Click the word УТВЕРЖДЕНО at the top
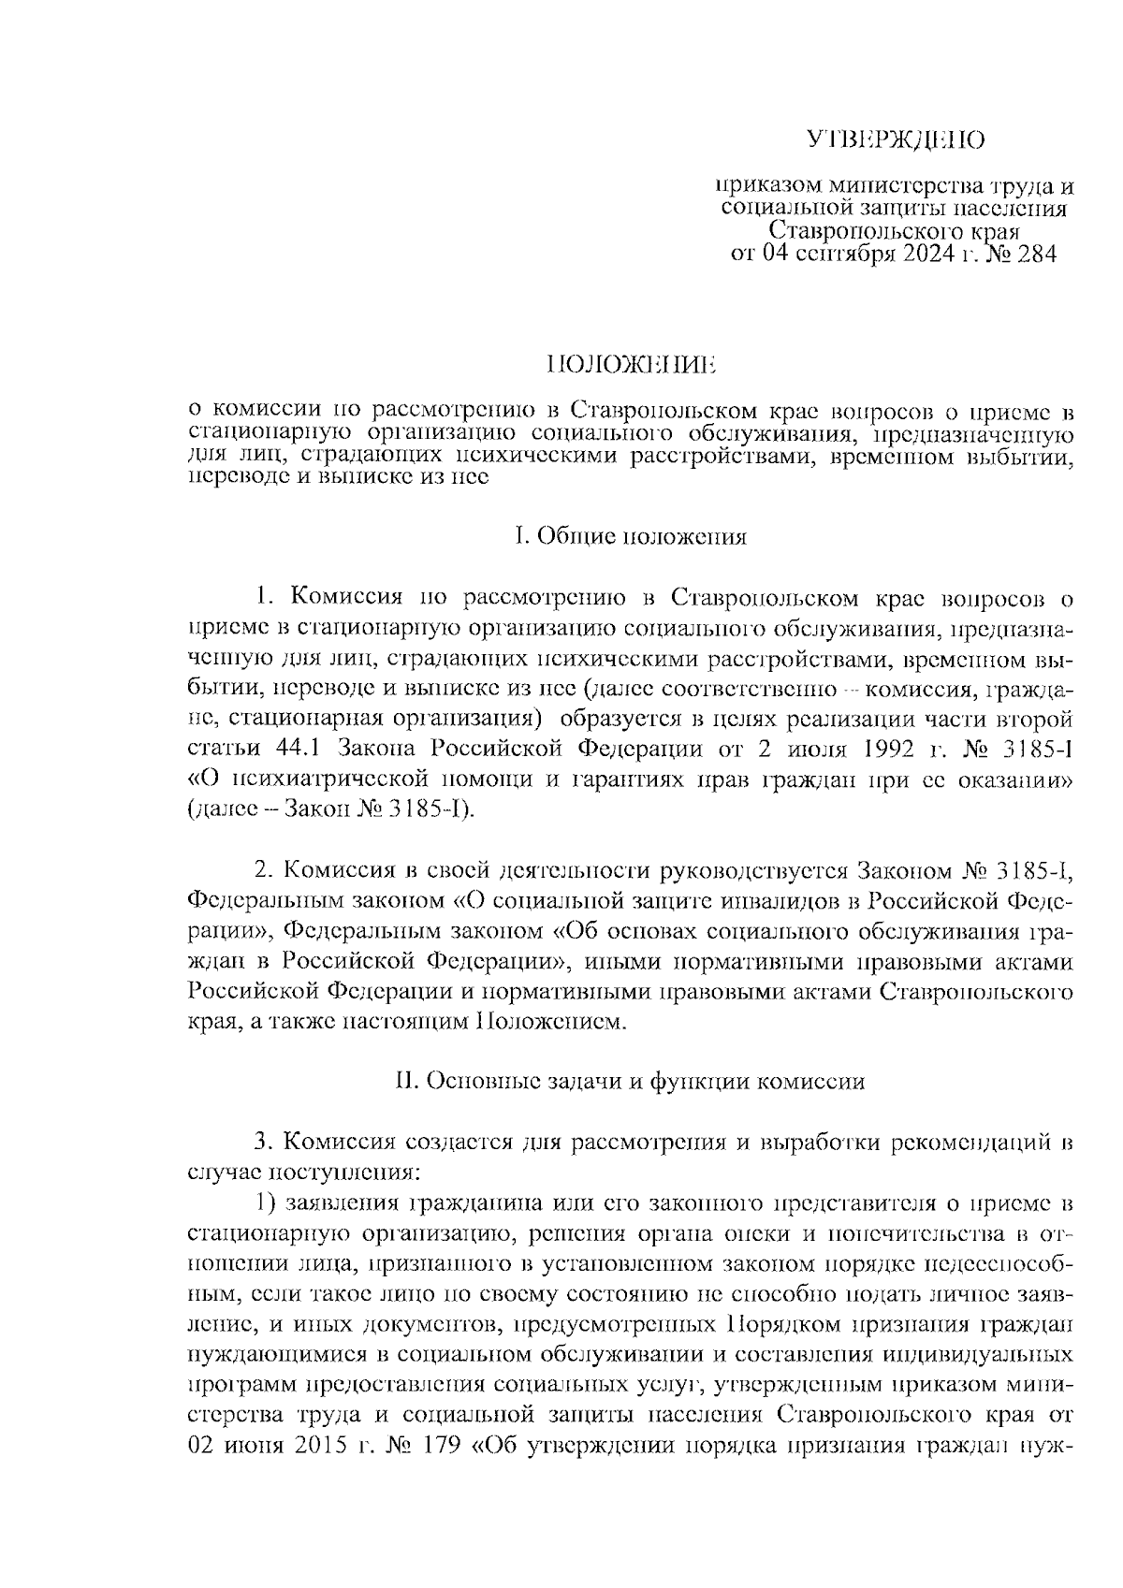[x=897, y=141]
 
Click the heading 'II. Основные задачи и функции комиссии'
[x=630, y=1082]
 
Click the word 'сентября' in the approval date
[x=831, y=255]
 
